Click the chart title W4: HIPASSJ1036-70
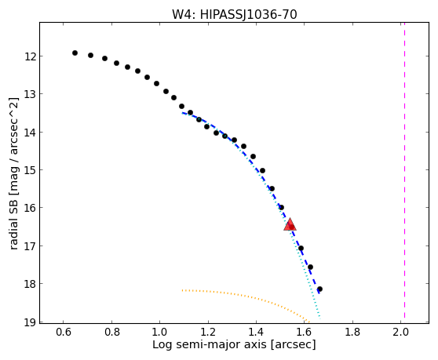[234, 15]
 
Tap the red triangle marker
[290, 224]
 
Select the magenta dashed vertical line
[404, 170]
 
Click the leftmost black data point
[75, 53]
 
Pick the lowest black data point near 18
[319, 289]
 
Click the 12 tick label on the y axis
[31, 57]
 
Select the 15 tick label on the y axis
[31, 170]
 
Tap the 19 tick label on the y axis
[31, 322]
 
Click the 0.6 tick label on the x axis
[63, 332]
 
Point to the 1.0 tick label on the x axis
[159, 332]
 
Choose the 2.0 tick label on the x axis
[400, 332]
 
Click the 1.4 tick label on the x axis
[256, 332]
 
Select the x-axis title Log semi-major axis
[210, 345]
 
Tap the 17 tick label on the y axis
[31, 246]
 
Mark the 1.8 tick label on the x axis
[352, 332]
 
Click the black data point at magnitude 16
[281, 207]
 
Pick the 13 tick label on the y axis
[31, 94]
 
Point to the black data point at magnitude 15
[262, 170]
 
